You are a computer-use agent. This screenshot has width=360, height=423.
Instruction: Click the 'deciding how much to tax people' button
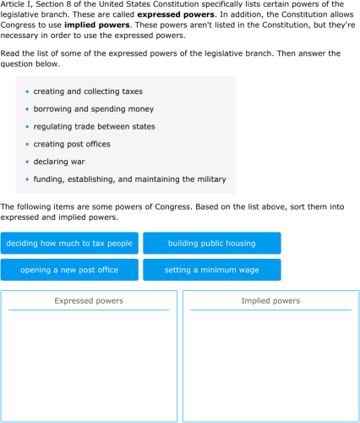(x=69, y=244)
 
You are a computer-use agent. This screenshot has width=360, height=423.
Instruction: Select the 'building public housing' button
(x=211, y=244)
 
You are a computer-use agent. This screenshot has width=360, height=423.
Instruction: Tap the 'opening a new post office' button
(x=69, y=270)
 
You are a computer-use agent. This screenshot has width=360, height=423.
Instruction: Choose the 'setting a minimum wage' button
(x=211, y=270)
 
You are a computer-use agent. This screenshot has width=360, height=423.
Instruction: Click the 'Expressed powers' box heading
(x=89, y=300)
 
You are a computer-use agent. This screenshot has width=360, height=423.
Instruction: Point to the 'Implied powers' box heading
(x=270, y=300)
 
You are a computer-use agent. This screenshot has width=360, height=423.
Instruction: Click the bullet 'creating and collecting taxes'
(x=88, y=91)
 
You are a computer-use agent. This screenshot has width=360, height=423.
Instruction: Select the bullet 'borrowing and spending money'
(x=93, y=109)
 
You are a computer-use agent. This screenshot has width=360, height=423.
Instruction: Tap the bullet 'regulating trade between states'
(x=94, y=127)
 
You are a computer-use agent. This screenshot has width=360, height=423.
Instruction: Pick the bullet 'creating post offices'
(x=72, y=144)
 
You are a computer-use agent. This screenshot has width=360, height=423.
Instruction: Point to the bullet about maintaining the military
(x=129, y=179)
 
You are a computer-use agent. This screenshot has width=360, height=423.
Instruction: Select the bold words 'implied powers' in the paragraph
(x=96, y=25)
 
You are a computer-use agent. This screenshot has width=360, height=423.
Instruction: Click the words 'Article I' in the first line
(x=15, y=5)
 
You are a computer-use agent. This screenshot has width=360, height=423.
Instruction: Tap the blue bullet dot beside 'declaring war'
(x=28, y=162)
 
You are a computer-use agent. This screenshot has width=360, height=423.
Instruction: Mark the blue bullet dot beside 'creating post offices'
(x=28, y=145)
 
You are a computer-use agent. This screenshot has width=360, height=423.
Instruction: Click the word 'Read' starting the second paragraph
(x=9, y=53)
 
